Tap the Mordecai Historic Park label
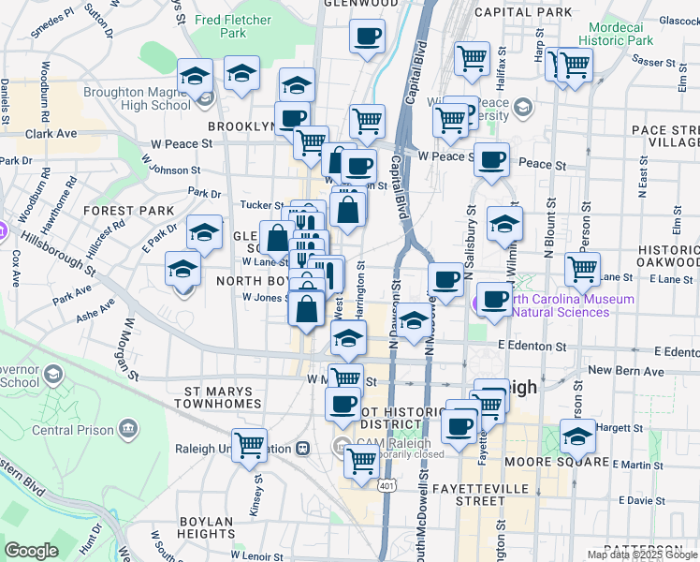click(615, 34)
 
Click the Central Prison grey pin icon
click(126, 430)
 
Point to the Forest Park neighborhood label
click(129, 211)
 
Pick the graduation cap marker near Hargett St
click(577, 436)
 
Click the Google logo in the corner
click(31, 551)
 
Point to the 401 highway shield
click(386, 486)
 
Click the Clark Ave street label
click(51, 134)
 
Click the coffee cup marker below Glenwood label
click(368, 36)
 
